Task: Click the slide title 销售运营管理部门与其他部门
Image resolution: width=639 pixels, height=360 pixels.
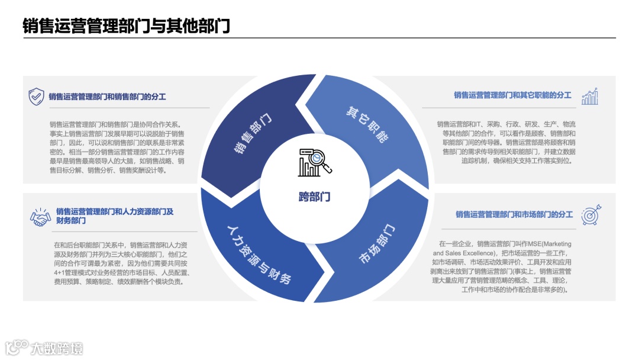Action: (126, 26)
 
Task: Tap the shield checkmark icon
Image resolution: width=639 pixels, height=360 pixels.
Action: (37, 96)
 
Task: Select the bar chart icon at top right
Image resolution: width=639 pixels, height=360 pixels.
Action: (590, 97)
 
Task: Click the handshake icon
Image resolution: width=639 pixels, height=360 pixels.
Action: (40, 217)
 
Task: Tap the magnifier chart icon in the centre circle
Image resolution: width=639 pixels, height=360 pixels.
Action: (315, 162)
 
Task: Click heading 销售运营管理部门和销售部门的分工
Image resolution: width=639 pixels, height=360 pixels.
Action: (107, 96)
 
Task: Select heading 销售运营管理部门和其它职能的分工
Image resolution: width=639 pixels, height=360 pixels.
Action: (512, 95)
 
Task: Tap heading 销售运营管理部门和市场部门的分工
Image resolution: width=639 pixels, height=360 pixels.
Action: (514, 214)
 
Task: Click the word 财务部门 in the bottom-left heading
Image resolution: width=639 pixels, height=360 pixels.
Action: (71, 221)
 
